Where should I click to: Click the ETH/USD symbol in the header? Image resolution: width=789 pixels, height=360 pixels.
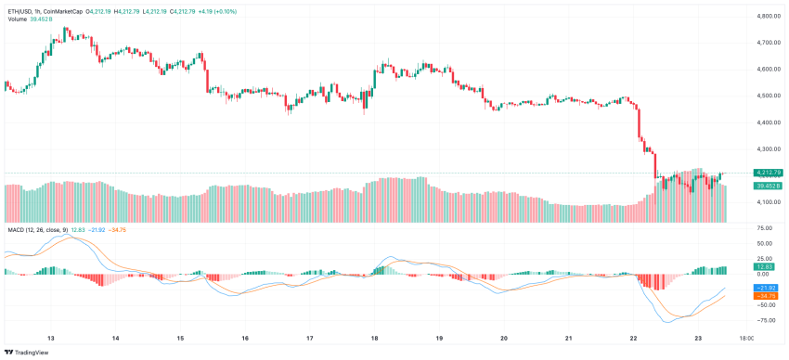point(20,11)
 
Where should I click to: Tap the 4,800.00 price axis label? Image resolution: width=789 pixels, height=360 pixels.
point(767,17)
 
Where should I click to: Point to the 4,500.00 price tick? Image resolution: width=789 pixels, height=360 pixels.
point(767,96)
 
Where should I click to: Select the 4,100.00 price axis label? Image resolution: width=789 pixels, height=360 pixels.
point(767,201)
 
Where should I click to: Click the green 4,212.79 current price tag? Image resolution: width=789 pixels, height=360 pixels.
point(768,173)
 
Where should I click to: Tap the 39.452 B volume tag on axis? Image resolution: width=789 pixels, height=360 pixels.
point(768,186)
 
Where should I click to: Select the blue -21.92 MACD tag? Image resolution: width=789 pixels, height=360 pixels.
point(766,288)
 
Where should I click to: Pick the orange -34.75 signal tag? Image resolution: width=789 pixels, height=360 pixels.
point(766,296)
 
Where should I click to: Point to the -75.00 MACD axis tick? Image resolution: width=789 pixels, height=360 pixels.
point(766,320)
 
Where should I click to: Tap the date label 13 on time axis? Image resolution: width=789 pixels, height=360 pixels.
point(50,340)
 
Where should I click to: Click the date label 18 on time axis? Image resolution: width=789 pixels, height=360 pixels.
point(374,340)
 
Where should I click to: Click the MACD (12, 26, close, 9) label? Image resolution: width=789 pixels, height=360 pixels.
point(41,228)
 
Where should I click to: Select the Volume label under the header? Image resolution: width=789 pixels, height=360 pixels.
point(17,19)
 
